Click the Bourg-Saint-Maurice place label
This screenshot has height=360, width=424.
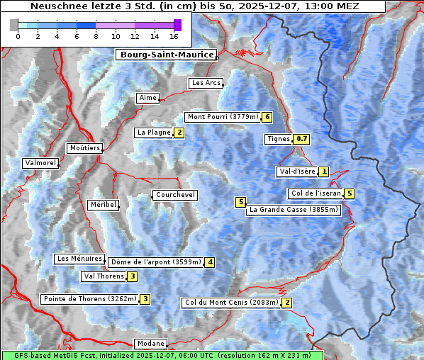coord(165,55)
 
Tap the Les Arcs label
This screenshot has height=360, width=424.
coord(206,83)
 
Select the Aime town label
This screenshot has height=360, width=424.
coord(147,98)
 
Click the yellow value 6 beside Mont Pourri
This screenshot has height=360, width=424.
coord(267,117)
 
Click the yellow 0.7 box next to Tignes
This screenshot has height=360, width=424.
coord(302,139)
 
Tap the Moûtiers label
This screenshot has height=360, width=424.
coord(84,148)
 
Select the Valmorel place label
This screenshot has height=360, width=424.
coord(40,163)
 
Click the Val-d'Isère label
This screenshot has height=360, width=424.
coord(296,171)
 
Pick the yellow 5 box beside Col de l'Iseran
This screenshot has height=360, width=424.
coord(349,193)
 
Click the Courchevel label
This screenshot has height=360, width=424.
coord(174,195)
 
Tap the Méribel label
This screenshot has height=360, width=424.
coord(102,205)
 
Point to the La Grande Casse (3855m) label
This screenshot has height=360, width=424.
coord(294,210)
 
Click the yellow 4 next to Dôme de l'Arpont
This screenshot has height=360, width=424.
coord(210,262)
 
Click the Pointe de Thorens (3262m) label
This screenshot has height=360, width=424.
coord(89,299)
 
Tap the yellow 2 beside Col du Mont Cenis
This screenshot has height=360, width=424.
coord(286,303)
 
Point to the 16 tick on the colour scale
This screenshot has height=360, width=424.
coord(174,36)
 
